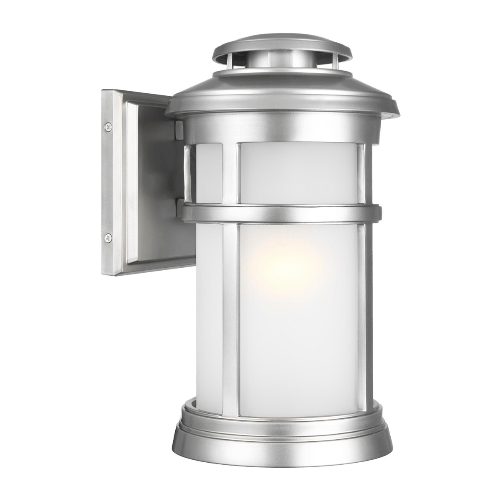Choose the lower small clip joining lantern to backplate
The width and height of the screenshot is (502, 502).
click(x=179, y=205)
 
